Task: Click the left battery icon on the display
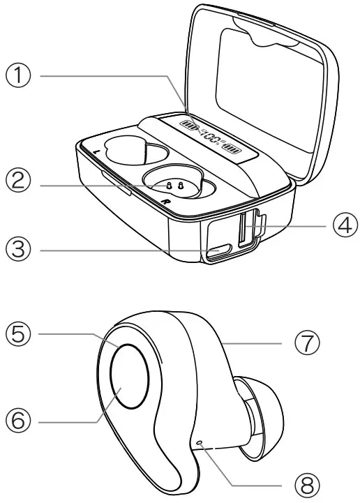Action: [190, 126]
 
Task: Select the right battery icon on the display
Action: [232, 149]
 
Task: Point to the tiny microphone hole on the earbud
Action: [200, 442]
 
